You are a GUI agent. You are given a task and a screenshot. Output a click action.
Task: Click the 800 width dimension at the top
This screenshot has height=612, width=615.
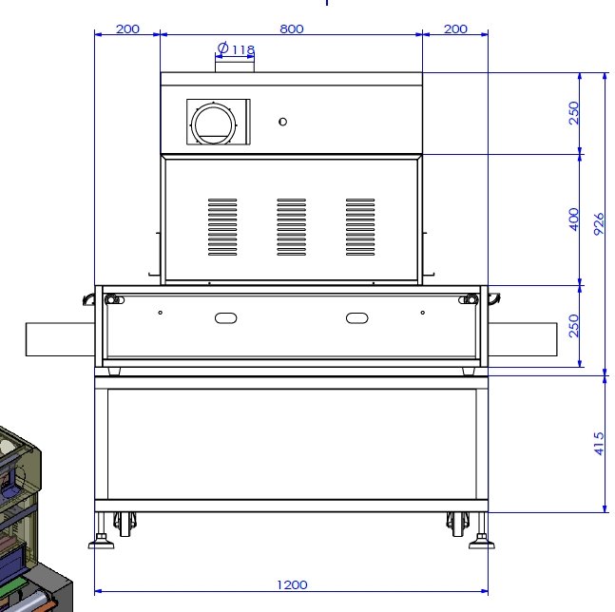292,29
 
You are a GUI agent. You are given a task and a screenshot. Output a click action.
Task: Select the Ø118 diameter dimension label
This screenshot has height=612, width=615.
236,49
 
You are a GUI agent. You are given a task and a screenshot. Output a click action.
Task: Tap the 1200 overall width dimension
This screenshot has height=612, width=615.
292,585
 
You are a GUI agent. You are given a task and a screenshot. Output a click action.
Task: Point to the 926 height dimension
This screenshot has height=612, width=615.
599,224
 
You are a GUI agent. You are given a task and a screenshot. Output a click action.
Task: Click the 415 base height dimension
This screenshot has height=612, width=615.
599,444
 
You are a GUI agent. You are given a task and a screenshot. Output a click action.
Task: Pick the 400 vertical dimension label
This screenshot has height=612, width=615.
574,220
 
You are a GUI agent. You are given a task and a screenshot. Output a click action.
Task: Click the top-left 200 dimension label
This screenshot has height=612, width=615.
128,29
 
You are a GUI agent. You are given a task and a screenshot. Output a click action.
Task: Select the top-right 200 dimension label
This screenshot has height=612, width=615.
455,29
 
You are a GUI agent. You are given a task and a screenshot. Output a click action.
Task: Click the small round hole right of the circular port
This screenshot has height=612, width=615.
283,122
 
